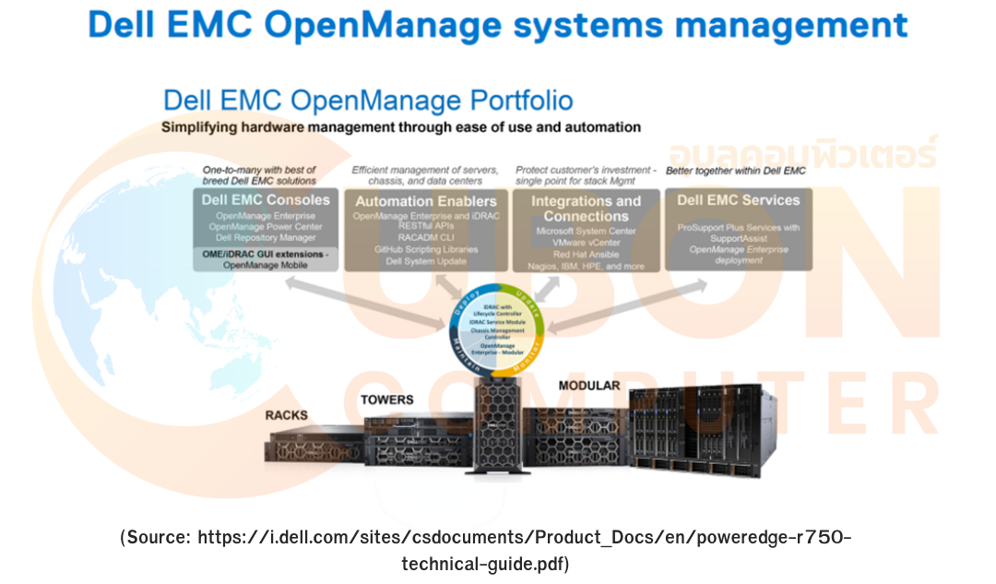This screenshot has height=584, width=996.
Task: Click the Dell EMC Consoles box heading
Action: click(266, 200)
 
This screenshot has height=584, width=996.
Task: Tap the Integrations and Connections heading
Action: click(586, 209)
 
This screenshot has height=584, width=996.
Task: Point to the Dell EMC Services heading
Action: click(738, 200)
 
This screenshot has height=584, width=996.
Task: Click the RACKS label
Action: click(286, 415)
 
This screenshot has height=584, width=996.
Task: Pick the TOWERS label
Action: click(386, 399)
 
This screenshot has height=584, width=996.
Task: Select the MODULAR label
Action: click(589, 385)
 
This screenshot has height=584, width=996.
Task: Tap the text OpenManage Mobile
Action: click(266, 265)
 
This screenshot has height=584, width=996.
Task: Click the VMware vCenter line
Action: click(586, 242)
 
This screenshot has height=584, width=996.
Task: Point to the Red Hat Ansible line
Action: click(586, 254)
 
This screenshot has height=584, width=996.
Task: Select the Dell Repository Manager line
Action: click(266, 238)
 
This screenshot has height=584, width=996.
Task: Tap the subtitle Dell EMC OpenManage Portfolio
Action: click(367, 101)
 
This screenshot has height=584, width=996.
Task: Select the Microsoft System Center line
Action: click(586, 230)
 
